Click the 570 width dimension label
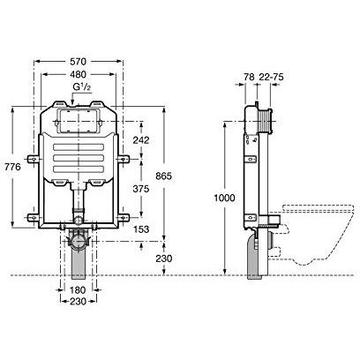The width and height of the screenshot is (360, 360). pyautogui.click(x=78, y=62)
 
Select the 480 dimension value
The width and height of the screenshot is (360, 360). pyautogui.click(x=78, y=74)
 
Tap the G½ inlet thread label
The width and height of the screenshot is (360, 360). pyautogui.click(x=82, y=87)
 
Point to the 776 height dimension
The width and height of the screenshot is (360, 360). pyautogui.click(x=12, y=167)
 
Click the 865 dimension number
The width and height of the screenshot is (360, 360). pyautogui.click(x=163, y=176)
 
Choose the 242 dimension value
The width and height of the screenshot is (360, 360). pyautogui.click(x=141, y=140)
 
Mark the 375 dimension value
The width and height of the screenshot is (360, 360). pyautogui.click(x=141, y=189)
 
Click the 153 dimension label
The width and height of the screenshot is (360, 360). pyautogui.click(x=141, y=229)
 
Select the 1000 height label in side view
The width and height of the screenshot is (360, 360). pyautogui.click(x=224, y=198)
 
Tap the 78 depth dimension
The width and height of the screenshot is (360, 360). pyautogui.click(x=249, y=77)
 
